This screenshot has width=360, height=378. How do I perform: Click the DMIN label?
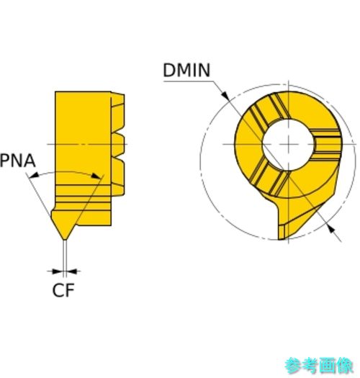[x=186, y=70]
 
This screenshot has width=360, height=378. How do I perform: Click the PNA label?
[x=17, y=161]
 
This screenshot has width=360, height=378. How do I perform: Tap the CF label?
[x=63, y=290]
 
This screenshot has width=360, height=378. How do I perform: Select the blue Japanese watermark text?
[x=318, y=366]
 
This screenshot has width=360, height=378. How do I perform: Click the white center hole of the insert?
[x=289, y=145]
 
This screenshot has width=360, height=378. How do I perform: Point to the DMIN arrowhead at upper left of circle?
[x=225, y=95]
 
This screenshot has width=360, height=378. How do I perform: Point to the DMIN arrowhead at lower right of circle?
[x=332, y=229]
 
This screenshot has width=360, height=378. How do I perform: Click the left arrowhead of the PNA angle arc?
[x=34, y=175]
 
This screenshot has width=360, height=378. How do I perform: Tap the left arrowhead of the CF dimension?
[x=57, y=271]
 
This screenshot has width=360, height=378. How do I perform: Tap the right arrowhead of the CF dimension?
[x=72, y=271]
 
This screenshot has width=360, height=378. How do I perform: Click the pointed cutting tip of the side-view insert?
[x=65, y=239]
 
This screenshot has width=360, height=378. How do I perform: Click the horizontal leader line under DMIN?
[x=189, y=81]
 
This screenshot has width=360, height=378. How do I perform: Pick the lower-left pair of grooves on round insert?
[x=268, y=177]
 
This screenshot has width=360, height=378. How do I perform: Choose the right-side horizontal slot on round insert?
[x=326, y=145]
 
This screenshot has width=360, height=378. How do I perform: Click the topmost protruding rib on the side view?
[x=118, y=112]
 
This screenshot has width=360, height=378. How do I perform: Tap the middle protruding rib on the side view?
[x=118, y=145]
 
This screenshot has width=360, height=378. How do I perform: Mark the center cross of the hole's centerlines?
[x=289, y=145]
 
